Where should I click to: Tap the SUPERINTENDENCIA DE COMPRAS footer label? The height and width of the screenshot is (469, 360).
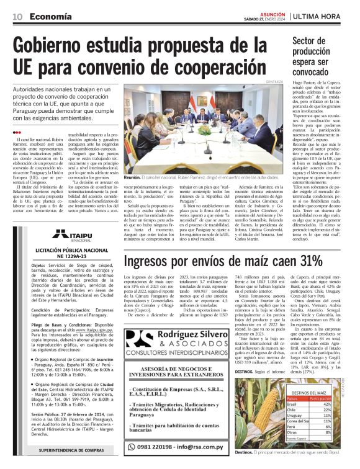pos(70,451)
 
